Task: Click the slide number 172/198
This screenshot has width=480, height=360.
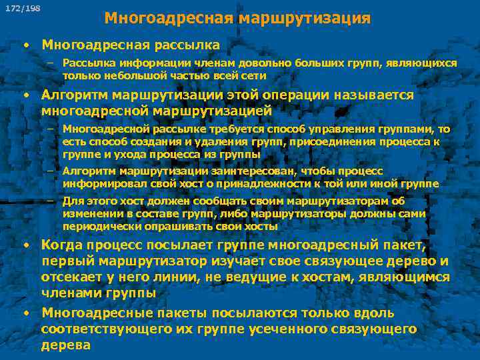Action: click(x=22, y=9)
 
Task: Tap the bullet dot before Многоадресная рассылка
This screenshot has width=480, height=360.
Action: click(x=25, y=45)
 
